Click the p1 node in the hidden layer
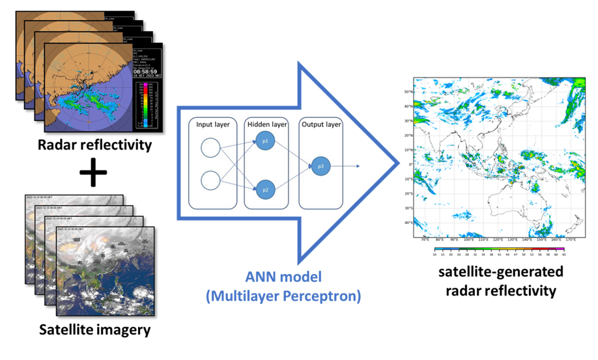[x=266, y=141]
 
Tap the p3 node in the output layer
[x=320, y=166]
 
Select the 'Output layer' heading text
[x=320, y=124]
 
